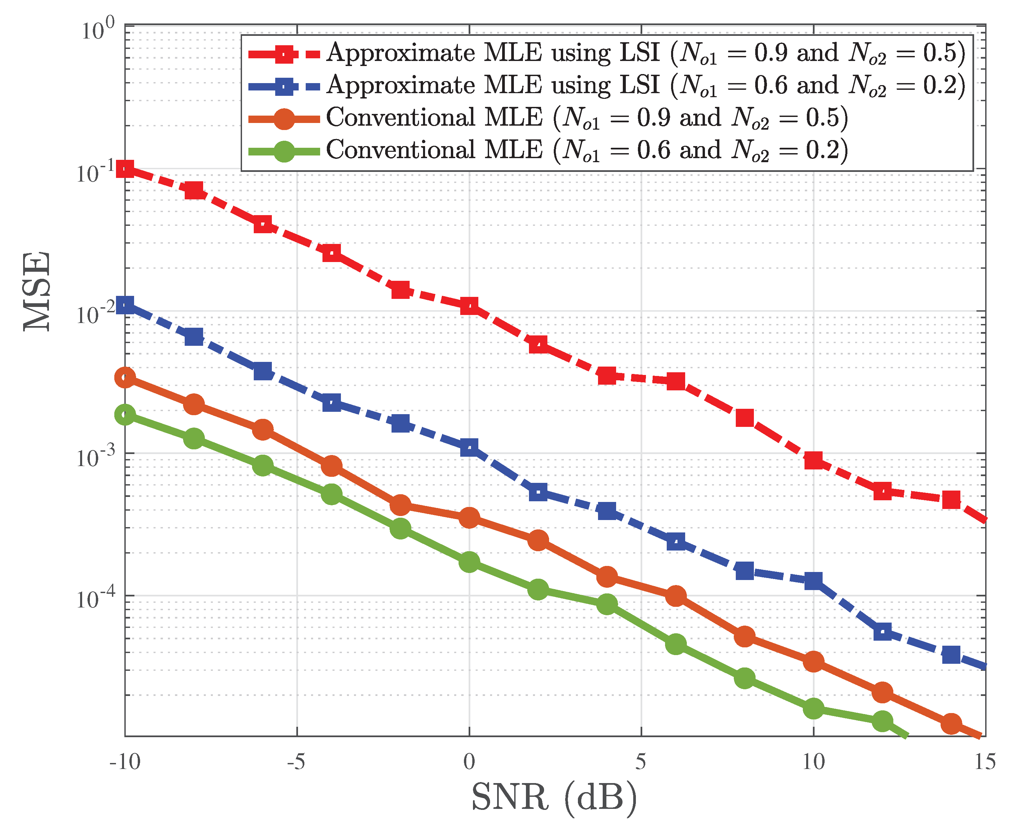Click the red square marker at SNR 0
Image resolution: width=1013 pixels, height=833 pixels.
469,306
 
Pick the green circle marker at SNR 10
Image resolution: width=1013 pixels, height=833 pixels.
813,708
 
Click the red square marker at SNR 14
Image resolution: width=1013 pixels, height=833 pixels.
951,500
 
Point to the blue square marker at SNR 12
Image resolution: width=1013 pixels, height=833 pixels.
882,632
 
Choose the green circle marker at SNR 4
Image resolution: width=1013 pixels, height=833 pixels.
607,604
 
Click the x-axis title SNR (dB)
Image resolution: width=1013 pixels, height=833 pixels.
554,797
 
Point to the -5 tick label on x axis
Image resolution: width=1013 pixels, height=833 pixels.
296,762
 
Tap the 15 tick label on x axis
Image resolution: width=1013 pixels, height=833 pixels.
985,762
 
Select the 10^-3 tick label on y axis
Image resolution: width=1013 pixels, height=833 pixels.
96,456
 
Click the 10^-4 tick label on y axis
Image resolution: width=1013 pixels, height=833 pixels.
96,598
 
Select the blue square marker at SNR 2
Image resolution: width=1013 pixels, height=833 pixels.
538,492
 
